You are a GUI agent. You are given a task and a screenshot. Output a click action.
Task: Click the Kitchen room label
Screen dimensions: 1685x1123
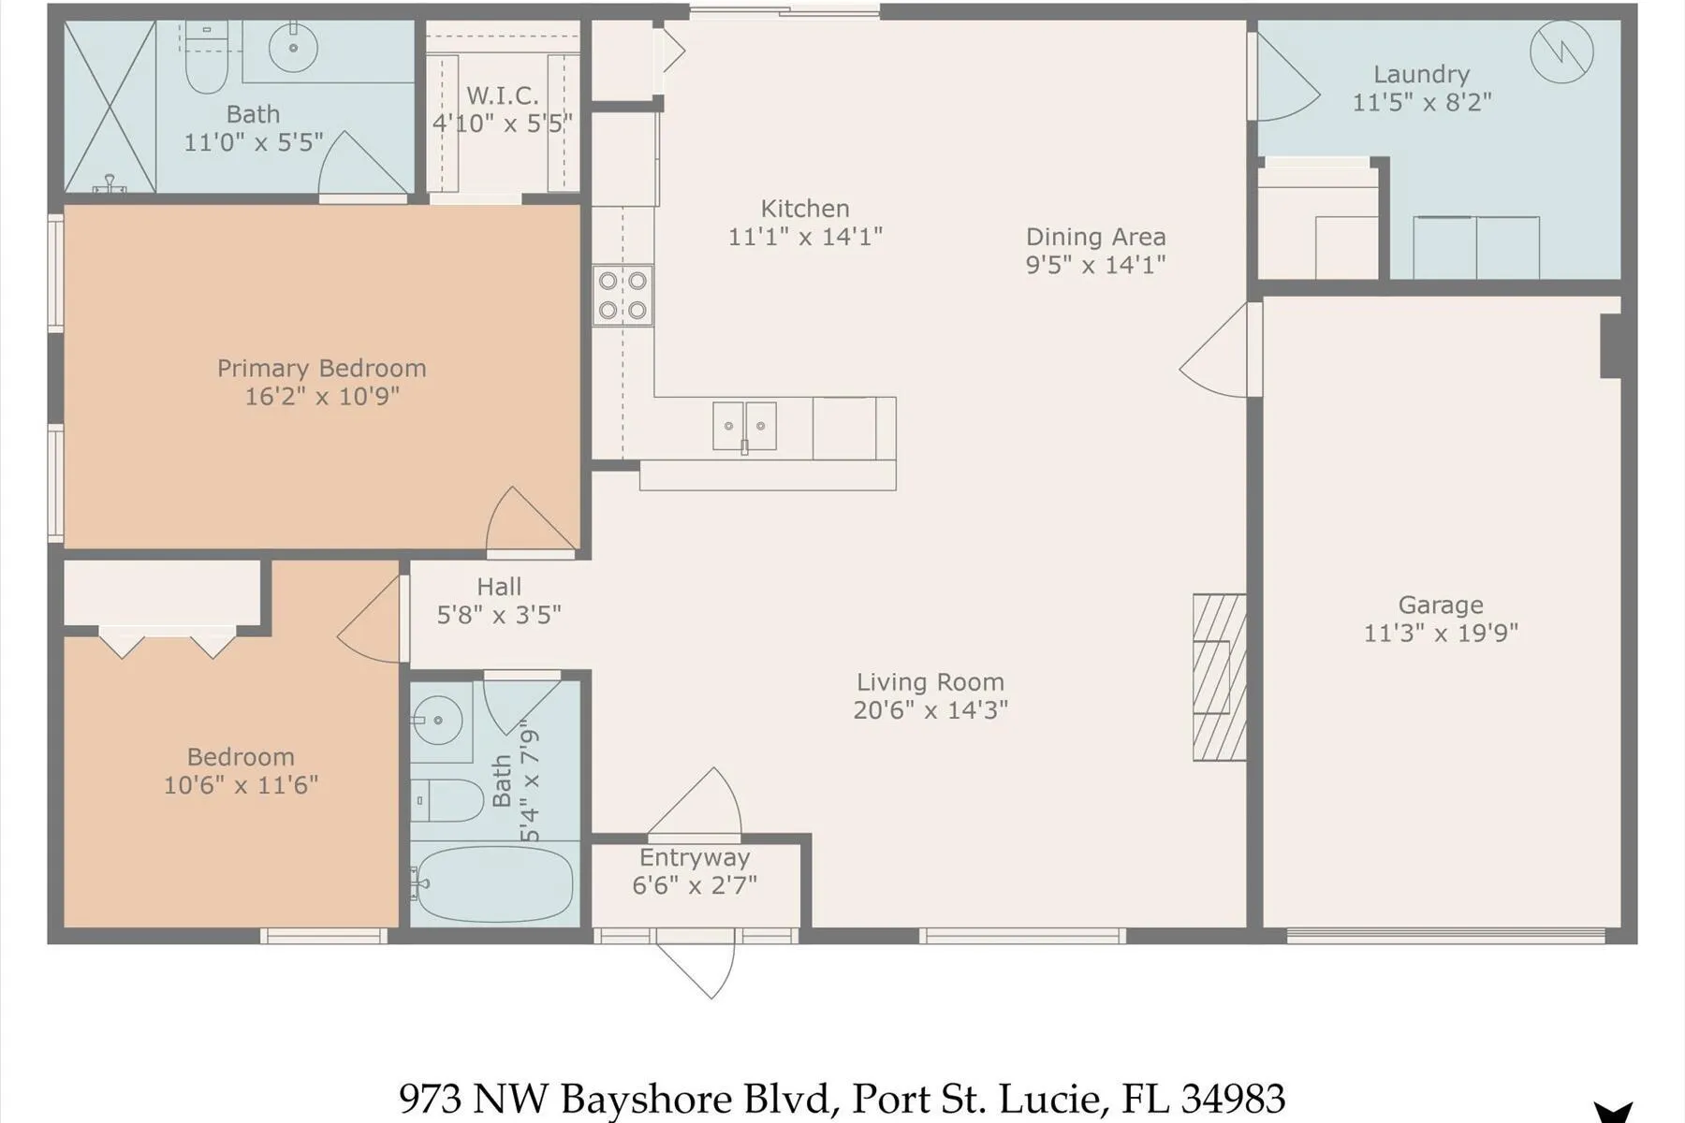805,209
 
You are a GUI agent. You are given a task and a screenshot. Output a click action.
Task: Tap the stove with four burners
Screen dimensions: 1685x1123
623,296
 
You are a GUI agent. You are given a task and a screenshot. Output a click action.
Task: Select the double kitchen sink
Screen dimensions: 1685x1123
744,426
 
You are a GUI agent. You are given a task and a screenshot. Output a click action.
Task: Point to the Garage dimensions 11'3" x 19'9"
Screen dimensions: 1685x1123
1441,634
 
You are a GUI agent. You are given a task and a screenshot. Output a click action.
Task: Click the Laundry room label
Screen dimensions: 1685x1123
1421,74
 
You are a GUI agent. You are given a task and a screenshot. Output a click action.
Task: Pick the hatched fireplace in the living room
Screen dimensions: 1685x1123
1220,678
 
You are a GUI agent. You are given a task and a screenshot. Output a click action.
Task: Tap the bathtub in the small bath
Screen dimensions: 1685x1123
492,883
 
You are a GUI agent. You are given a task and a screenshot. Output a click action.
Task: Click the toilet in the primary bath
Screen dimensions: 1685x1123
206,56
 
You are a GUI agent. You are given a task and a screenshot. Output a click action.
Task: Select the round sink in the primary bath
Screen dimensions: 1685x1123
293,47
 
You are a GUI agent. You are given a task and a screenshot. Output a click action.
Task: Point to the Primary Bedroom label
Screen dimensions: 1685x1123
322,369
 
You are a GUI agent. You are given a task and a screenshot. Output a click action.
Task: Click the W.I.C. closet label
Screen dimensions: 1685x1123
502,95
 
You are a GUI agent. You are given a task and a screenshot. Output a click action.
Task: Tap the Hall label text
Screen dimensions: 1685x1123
499,587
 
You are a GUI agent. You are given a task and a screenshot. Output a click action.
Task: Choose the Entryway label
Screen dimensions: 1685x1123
695,858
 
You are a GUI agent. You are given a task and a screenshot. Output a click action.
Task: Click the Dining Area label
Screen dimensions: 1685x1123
1095,237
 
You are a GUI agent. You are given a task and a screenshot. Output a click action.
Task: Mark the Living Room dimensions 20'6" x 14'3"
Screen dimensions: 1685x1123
930,710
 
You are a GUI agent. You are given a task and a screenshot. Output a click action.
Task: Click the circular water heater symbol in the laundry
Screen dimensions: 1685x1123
1561,51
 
